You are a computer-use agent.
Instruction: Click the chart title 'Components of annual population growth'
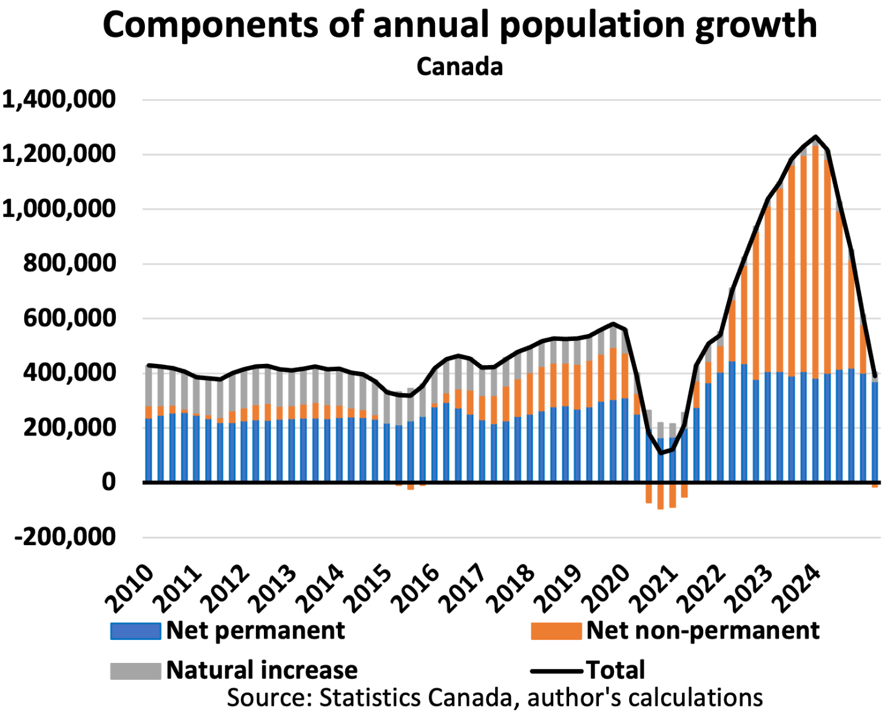(459, 25)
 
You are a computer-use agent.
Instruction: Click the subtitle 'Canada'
(459, 67)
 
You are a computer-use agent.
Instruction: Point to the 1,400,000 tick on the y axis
(59, 99)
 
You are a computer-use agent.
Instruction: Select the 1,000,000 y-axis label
(59, 209)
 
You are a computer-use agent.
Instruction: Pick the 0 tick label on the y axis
(109, 482)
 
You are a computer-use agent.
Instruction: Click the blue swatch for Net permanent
(135, 631)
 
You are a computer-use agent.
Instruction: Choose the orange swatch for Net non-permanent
(556, 631)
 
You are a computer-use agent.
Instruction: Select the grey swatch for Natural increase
(135, 671)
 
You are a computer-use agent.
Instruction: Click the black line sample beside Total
(556, 671)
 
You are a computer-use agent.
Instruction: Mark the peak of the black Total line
(815, 136)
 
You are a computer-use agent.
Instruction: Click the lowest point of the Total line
(661, 454)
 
